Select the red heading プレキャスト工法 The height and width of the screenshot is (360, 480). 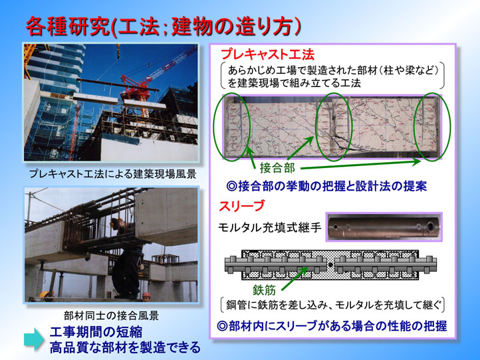click(x=267, y=54)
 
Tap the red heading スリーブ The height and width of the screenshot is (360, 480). click(x=241, y=206)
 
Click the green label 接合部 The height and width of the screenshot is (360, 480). click(x=277, y=167)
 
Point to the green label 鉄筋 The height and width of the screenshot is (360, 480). click(x=265, y=290)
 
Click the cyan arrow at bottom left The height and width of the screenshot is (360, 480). click(x=34, y=339)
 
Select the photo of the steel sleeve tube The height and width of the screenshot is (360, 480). click(x=384, y=227)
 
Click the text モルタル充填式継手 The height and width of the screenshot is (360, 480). click(x=270, y=228)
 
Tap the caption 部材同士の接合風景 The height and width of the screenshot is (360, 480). click(x=111, y=315)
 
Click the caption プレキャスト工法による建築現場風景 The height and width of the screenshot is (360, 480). click(x=112, y=174)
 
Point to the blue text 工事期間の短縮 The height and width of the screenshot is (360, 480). click(x=96, y=332)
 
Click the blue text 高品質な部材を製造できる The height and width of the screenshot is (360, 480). click(x=125, y=347)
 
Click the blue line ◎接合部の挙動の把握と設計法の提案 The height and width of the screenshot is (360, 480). click(x=326, y=186)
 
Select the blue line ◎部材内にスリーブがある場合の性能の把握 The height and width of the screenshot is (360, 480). click(x=332, y=326)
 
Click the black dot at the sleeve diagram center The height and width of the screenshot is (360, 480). click(x=331, y=265)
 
